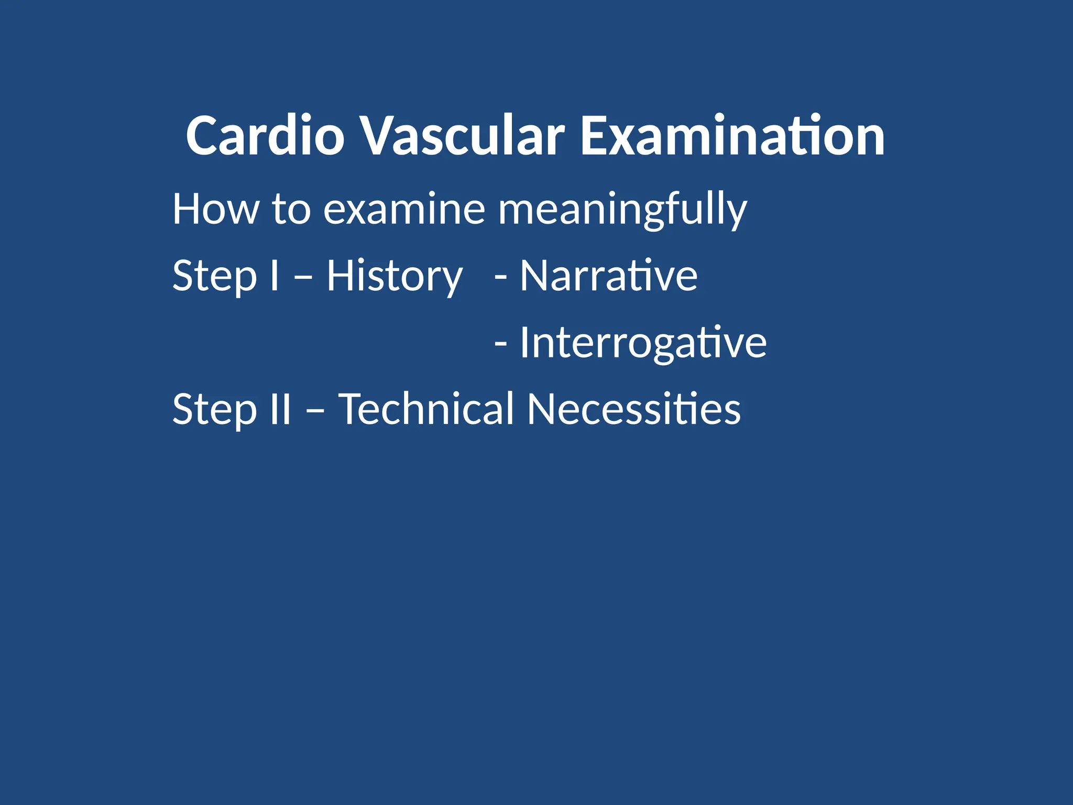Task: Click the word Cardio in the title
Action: point(265,136)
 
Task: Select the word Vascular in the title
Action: point(463,136)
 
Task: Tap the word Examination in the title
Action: point(732,136)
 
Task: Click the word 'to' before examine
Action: point(291,209)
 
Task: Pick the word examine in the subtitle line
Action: point(404,209)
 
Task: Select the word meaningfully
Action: point(622,209)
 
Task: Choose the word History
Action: point(395,276)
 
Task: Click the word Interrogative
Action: point(643,342)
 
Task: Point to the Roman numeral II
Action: point(280,409)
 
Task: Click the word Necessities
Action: point(634,409)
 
